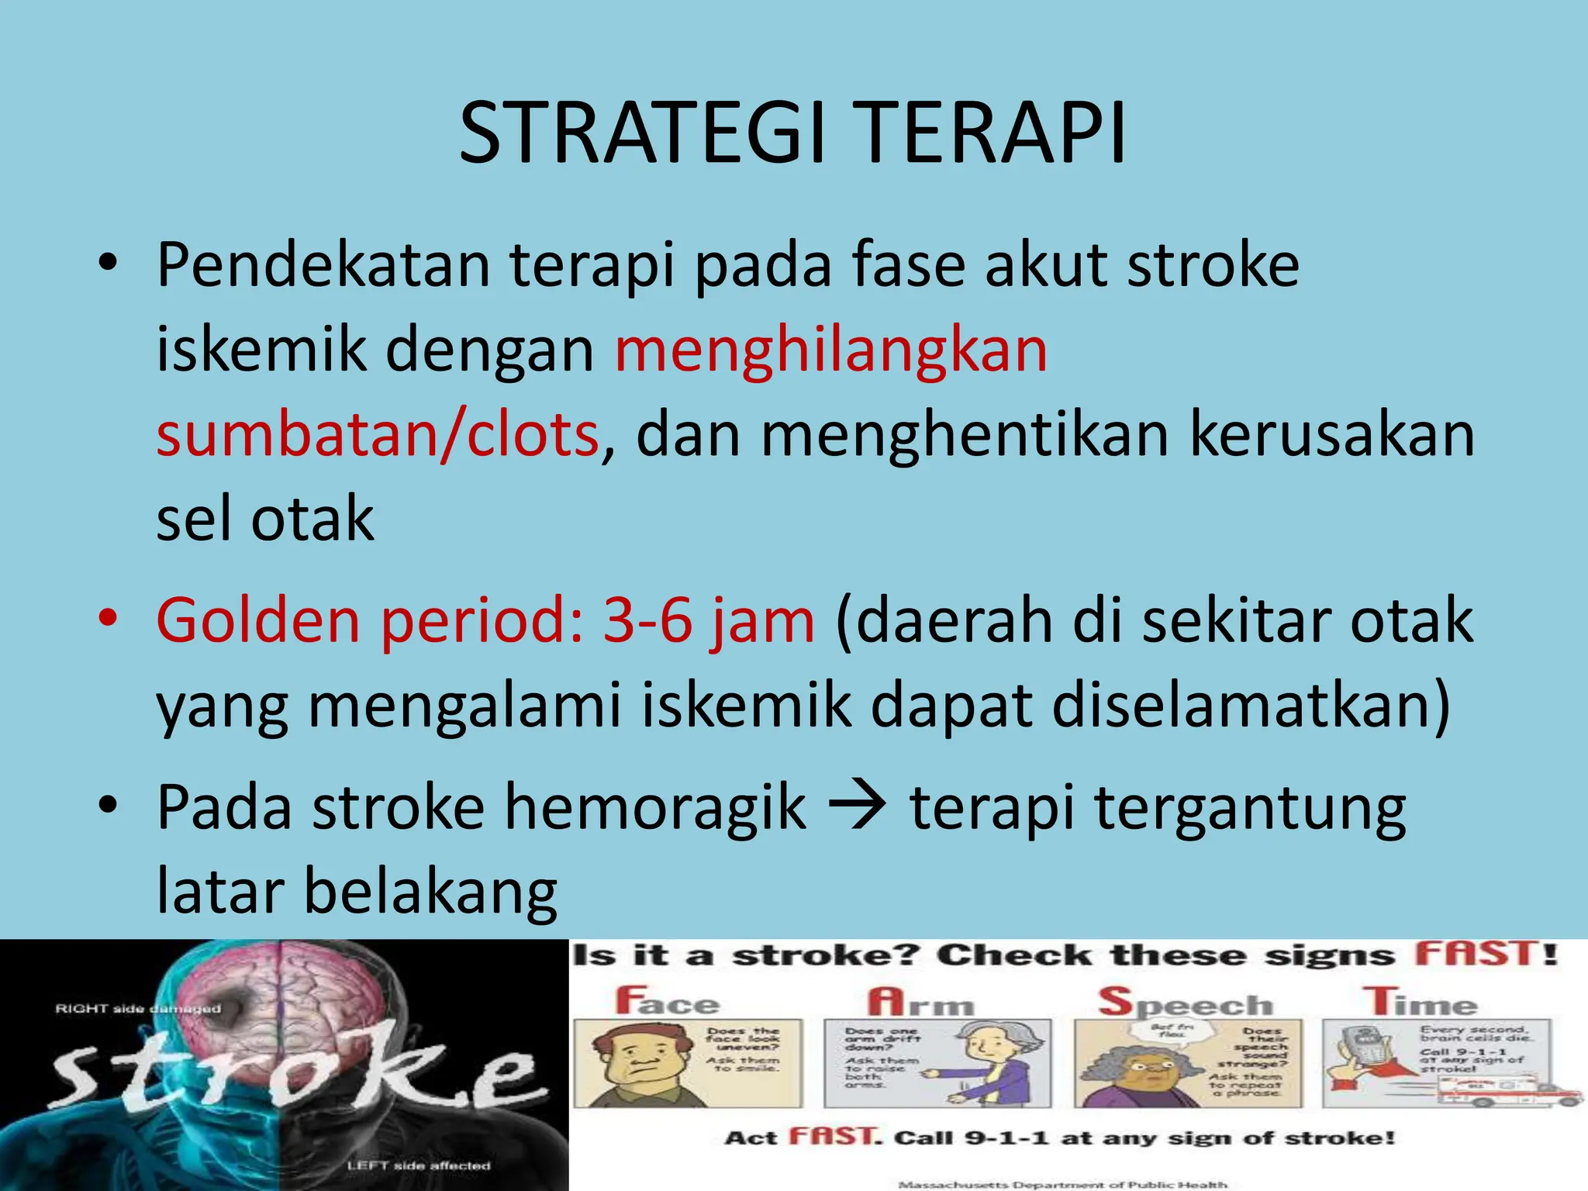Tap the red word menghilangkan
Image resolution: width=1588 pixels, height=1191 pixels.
click(x=830, y=350)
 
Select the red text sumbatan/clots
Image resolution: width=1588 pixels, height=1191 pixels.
click(x=378, y=434)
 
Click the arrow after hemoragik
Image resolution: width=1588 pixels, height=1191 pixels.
click(x=858, y=807)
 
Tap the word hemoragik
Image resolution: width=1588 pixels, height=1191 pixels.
click(x=655, y=807)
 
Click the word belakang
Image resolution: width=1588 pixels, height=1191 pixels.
click(x=430, y=892)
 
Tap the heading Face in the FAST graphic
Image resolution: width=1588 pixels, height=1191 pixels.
click(x=668, y=1001)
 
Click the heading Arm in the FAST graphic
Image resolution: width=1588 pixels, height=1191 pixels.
click(x=920, y=1001)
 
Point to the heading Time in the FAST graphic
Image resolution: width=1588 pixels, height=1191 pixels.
click(x=1421, y=1001)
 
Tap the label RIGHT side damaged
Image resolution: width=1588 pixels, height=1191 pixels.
click(x=138, y=1008)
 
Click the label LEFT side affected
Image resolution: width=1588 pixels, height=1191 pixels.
click(x=419, y=1165)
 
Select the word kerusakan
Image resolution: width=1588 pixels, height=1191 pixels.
click(x=1331, y=434)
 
